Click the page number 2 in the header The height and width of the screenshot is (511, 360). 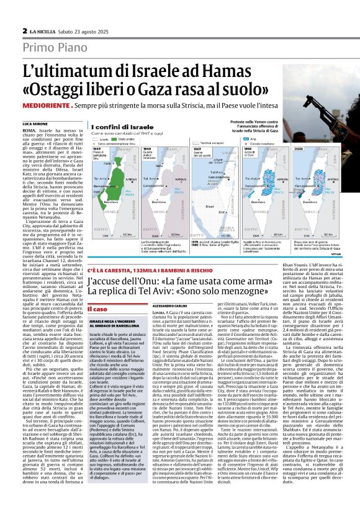click(24, 30)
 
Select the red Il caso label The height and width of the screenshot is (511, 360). click(99, 309)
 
